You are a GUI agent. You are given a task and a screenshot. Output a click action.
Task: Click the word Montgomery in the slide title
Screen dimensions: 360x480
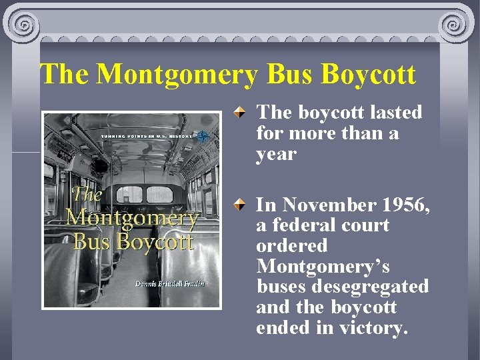pos(176,75)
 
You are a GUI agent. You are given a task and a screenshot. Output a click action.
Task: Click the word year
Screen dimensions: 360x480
pos(275,154)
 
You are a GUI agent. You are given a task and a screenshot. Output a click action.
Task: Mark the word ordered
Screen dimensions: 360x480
pos(292,246)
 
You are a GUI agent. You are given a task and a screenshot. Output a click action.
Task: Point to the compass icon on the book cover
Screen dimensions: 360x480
pos(203,135)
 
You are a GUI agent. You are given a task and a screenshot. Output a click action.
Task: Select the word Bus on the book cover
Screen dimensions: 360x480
pos(93,241)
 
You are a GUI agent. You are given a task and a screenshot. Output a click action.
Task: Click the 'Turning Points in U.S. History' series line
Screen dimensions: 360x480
pos(146,135)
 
